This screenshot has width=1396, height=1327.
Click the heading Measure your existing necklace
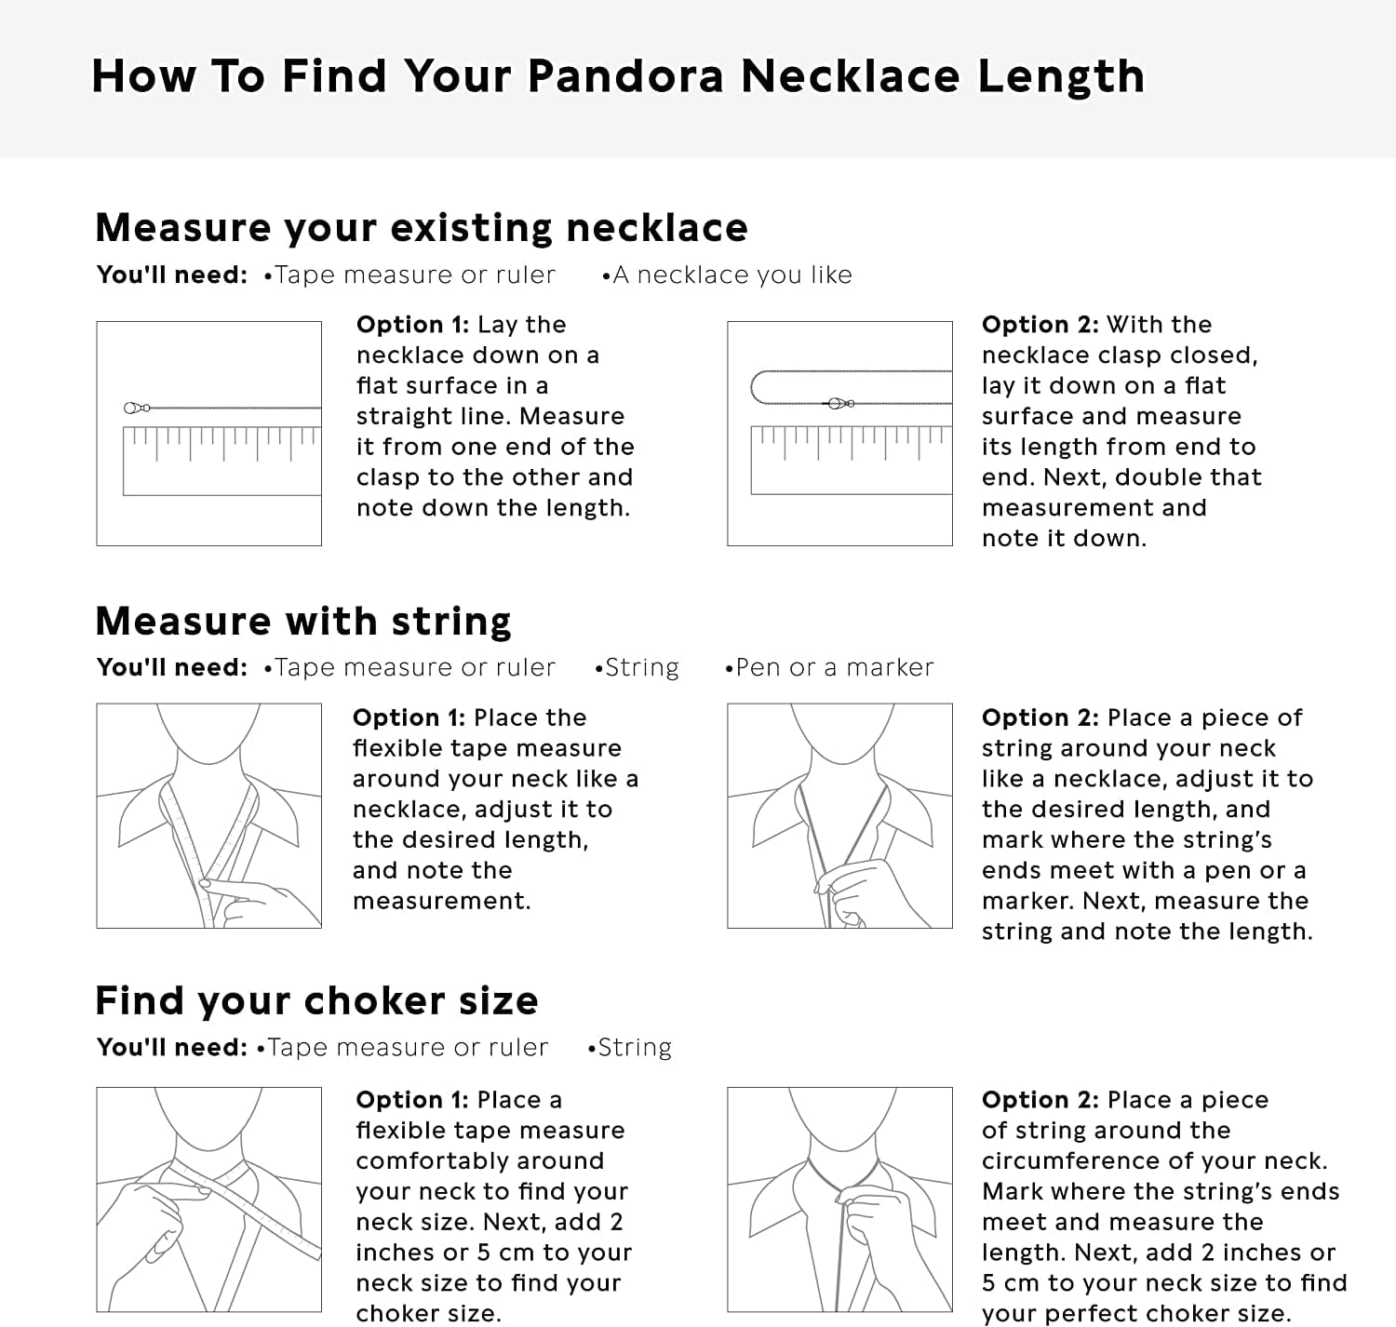point(421,228)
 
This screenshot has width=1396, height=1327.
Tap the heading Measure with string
point(303,621)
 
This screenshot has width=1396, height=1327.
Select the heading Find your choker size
point(316,1001)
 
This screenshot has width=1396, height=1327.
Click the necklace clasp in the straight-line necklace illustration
point(137,408)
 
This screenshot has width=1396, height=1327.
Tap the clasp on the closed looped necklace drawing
point(839,403)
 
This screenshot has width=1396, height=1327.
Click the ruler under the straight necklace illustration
point(221,460)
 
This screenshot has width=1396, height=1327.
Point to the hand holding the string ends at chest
point(856,889)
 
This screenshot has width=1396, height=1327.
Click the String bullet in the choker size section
point(633,1048)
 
